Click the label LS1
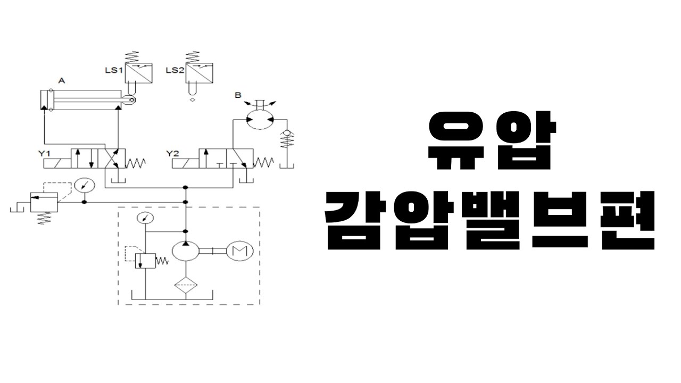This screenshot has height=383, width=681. pos(114,70)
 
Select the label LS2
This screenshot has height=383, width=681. pos(175,70)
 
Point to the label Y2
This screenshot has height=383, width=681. pos(173,154)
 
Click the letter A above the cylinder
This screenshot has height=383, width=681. pos(61,81)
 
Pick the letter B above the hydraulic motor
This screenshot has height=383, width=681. pos(238,95)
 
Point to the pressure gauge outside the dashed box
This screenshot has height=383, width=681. pos(84,186)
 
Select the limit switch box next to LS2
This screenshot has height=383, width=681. pos(199,72)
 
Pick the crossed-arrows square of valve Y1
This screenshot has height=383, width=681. pos(115,159)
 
